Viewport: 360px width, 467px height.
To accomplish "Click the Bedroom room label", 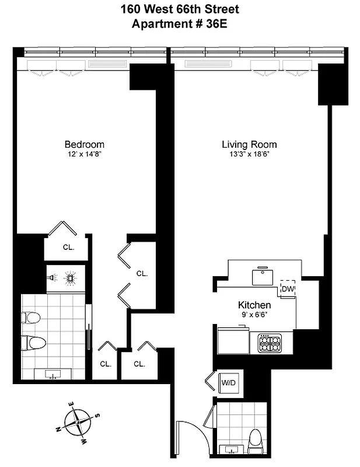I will [x=85, y=145].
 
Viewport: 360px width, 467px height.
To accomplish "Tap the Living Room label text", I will [x=249, y=145].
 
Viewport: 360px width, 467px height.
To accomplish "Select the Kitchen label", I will [x=254, y=305].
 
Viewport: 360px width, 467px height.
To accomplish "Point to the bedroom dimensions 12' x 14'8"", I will [x=85, y=155].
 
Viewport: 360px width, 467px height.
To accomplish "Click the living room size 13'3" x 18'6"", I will [x=249, y=155].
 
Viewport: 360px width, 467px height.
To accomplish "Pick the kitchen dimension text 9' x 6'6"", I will [x=254, y=315].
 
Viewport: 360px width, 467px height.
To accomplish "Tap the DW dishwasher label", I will [x=288, y=288].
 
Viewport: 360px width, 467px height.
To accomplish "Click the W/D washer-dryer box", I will [x=228, y=384].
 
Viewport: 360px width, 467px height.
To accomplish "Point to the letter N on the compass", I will [x=60, y=429].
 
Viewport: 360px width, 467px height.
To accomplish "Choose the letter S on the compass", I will [x=97, y=415].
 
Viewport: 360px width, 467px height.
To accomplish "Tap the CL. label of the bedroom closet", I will [x=69, y=247].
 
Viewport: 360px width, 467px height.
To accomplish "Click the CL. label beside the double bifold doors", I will [x=142, y=273].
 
